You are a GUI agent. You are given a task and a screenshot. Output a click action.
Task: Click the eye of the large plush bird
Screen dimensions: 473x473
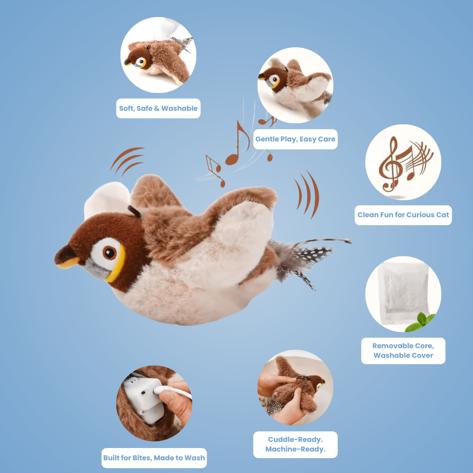109,253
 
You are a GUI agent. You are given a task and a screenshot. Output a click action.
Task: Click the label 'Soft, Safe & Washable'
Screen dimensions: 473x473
159,108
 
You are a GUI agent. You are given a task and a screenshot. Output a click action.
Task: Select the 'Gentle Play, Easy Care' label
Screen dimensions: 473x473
295,139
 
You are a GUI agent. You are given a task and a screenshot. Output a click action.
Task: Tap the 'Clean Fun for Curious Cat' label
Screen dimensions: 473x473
403,215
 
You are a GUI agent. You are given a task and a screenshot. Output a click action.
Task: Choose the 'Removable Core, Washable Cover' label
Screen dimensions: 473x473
403,350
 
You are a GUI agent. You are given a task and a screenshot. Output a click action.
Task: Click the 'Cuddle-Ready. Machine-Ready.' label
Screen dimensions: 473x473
295,445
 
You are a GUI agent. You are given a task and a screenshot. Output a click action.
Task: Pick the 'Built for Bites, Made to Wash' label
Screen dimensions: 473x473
154,458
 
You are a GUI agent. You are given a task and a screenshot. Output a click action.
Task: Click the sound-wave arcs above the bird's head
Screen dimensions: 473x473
127,161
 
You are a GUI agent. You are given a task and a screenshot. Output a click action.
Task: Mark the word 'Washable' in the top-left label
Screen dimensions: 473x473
179,108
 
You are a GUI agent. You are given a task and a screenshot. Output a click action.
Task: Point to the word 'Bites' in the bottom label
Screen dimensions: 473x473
141,458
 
